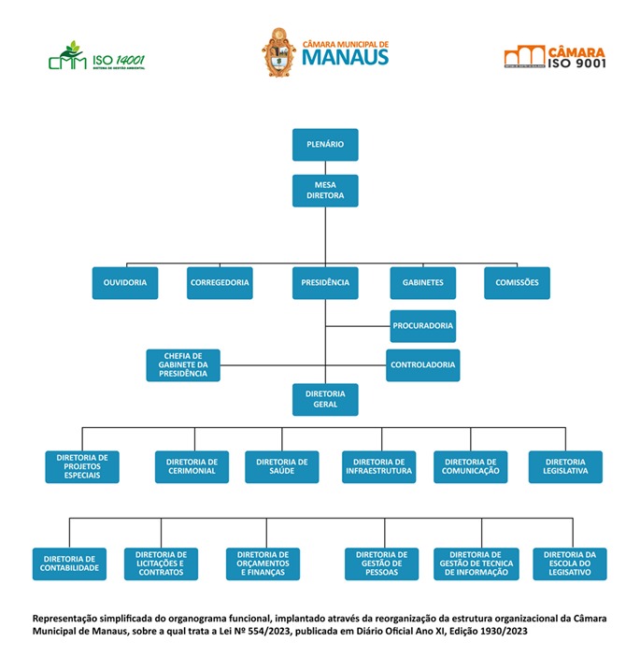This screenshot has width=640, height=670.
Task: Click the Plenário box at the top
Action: click(x=324, y=145)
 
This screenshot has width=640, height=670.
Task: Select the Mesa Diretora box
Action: click(x=324, y=191)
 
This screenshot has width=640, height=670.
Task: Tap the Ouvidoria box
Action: click(x=125, y=282)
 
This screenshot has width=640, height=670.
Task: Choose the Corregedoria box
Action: click(x=220, y=282)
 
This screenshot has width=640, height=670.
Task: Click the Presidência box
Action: click(x=325, y=282)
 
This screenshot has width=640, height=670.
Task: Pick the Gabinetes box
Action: click(x=422, y=282)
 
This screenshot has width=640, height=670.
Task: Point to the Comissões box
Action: click(x=517, y=282)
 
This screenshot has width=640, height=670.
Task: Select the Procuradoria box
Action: click(x=422, y=326)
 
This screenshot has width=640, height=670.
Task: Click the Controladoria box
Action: click(x=422, y=364)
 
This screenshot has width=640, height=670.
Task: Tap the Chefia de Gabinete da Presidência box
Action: click(x=183, y=365)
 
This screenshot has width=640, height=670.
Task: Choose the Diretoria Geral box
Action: click(x=325, y=399)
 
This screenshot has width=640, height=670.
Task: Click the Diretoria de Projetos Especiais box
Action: click(x=82, y=466)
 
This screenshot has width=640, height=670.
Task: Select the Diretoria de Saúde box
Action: click(x=281, y=466)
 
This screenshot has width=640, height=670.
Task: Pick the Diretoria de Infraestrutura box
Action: click(x=377, y=466)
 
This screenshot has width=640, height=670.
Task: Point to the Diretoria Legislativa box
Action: click(x=565, y=466)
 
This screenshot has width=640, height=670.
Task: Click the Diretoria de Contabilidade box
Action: click(x=69, y=563)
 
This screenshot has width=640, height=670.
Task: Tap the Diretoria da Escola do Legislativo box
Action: click(x=569, y=563)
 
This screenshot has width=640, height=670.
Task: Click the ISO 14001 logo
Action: click(x=96, y=58)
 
